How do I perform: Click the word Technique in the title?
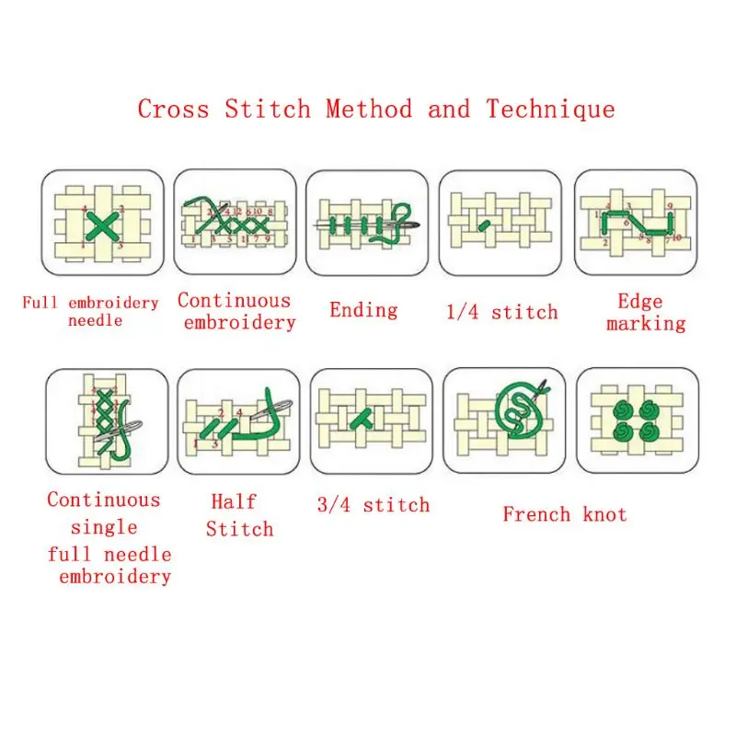pos(550,109)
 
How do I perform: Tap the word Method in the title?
pos(368,109)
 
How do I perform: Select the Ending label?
pos(363,309)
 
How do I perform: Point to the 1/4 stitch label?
pos(501,312)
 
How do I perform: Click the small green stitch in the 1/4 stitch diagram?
pos(485,224)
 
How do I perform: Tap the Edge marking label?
pos(645,312)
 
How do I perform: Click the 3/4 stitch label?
pos(373,505)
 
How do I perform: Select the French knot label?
pos(564,514)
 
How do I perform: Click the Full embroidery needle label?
pos(91,311)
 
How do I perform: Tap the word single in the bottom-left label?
pos(104,527)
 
